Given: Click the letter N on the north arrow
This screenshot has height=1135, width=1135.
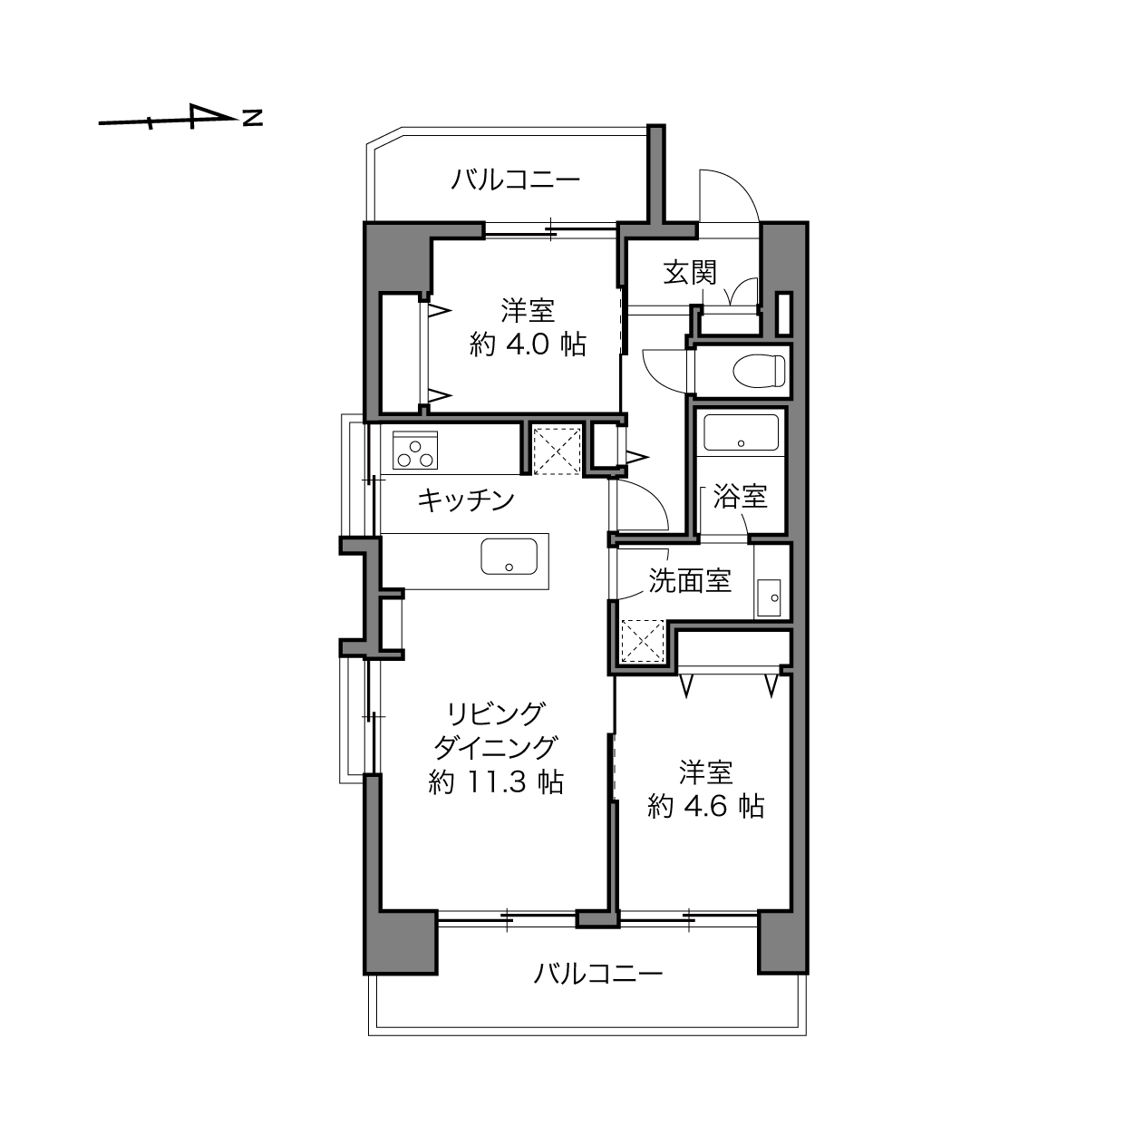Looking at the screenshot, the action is coord(253,118).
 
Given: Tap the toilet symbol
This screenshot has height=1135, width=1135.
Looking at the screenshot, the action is coord(759,371).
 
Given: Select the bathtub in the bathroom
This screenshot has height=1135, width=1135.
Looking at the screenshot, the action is coord(741,433).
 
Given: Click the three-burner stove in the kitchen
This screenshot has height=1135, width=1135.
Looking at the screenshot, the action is coord(415,451).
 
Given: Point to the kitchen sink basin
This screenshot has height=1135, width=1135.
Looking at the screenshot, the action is coord(509,556).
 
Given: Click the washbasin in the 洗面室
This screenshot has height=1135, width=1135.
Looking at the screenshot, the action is coord(769,597).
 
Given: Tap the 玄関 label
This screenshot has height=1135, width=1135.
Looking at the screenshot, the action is coord(690,272).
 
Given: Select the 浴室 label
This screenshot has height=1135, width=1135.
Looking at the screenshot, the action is coord(741,496).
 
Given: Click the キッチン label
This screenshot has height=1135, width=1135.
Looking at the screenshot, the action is coord(466,500).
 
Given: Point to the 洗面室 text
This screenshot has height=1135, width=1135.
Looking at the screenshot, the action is coord(690,581).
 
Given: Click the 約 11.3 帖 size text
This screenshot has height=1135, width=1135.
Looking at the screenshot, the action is coord(496,782).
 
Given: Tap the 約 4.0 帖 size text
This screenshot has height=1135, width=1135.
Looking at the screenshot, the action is coord(528,344).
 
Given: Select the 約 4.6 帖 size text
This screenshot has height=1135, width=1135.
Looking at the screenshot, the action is coord(705,806).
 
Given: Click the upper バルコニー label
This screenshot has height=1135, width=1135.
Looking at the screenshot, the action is coord(516,179).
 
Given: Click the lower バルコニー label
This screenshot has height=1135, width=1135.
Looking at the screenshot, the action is coord(597,975).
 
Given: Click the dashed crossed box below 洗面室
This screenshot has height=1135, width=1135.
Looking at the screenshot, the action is coord(643,641).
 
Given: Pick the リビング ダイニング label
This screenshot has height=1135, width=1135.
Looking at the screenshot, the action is coord(496,731).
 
